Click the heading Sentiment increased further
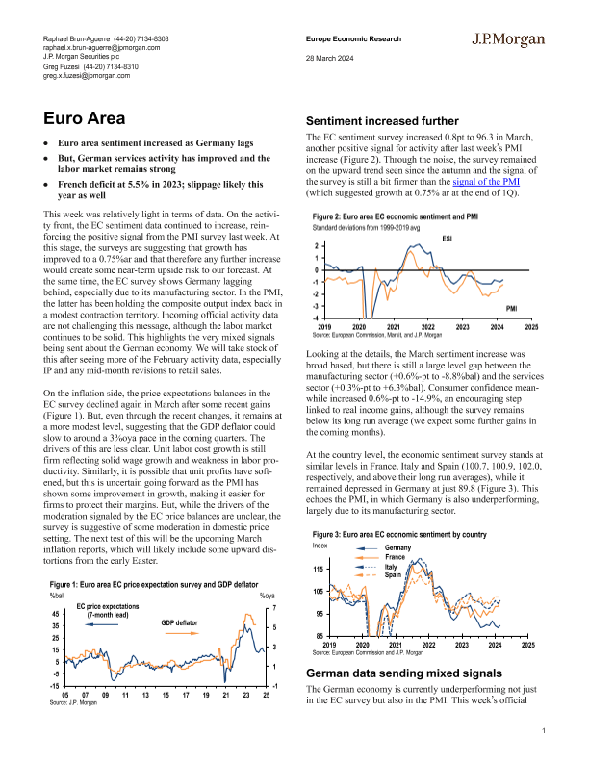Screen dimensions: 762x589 click(380, 122)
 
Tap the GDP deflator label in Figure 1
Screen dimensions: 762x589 click(180, 623)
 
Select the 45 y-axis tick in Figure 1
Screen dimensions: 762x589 click(56, 613)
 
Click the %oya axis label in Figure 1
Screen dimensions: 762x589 click(268, 597)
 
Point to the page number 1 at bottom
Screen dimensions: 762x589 click(544, 732)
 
